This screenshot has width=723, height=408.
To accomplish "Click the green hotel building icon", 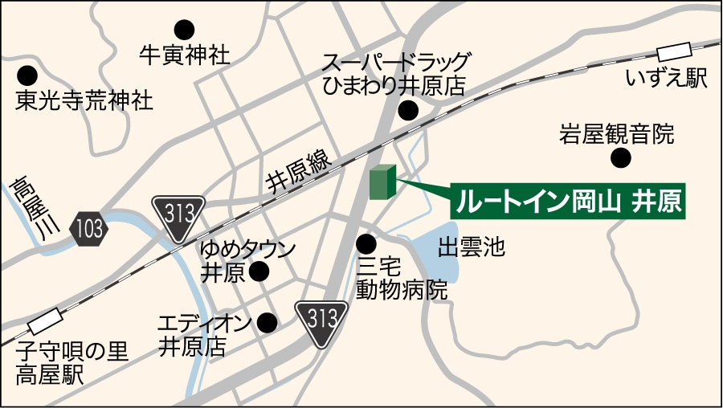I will [382, 182].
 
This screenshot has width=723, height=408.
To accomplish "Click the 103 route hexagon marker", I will [88, 229].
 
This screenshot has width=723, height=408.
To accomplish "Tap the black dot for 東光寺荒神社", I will [28, 76].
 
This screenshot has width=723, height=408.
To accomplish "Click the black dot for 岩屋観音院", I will [620, 158].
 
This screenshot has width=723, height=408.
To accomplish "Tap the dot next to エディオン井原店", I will [267, 323].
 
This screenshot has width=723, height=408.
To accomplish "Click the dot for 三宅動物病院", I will [366, 243].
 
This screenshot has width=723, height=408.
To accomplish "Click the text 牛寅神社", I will [184, 55].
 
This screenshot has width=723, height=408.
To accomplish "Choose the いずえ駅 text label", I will [667, 79].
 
